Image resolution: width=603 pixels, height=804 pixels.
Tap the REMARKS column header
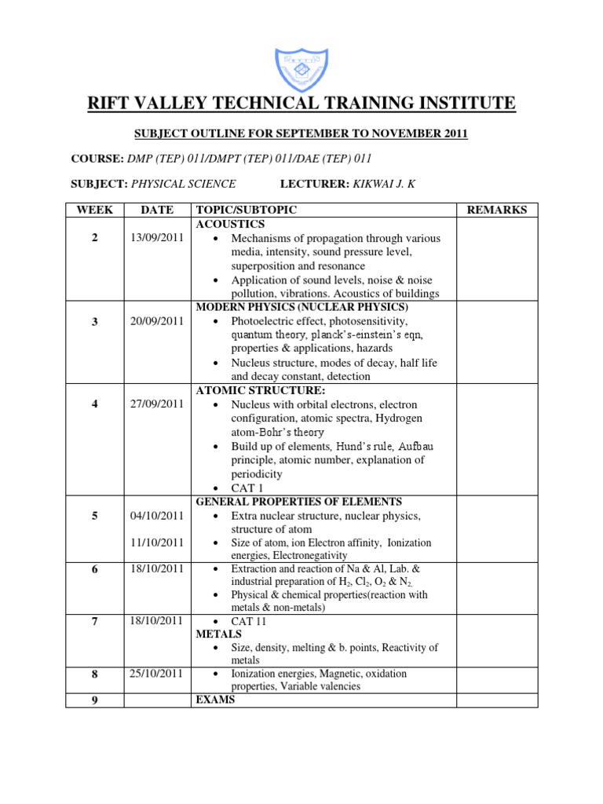(x=497, y=210)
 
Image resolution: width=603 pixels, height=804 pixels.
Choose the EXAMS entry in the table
(x=214, y=699)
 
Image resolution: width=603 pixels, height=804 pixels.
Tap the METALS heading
(x=218, y=634)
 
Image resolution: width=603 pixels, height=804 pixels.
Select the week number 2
(x=94, y=238)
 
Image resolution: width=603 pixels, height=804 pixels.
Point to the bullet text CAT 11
(x=249, y=620)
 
